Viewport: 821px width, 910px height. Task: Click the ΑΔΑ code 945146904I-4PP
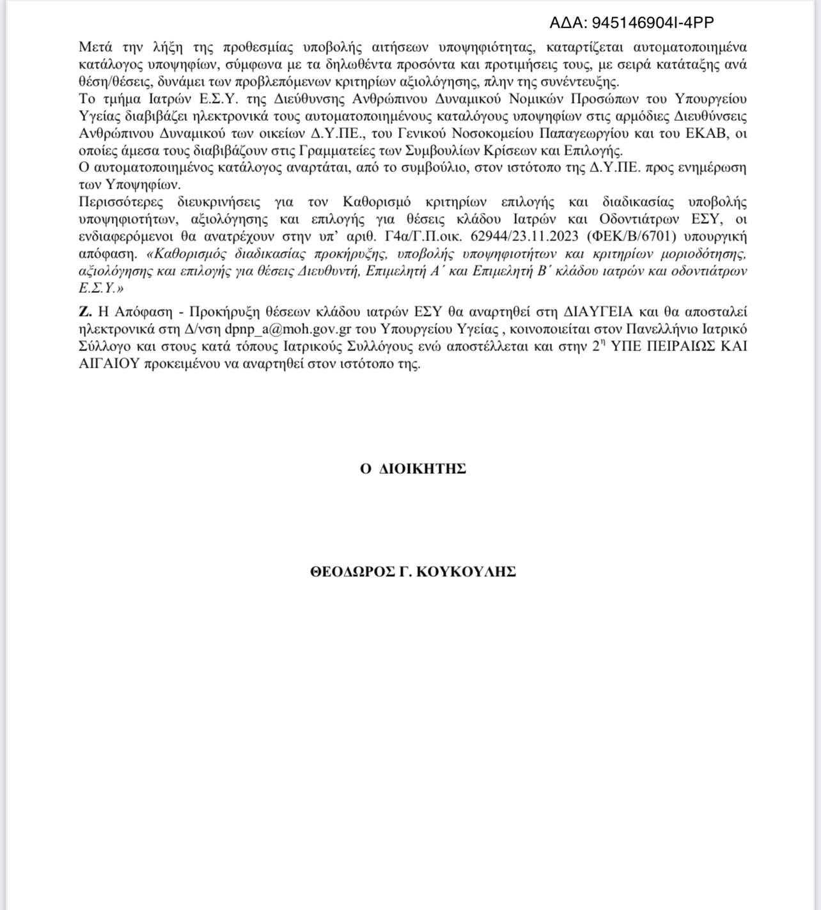tap(652, 23)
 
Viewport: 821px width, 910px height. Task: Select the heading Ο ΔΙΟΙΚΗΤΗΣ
tap(412, 469)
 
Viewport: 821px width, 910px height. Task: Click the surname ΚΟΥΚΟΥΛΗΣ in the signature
tap(465, 572)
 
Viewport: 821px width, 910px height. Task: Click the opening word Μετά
tap(95, 47)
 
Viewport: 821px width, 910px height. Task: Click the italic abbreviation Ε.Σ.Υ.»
tap(101, 288)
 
